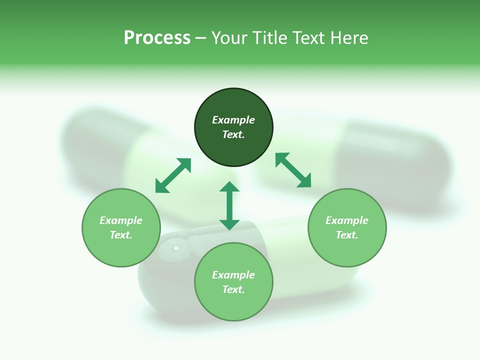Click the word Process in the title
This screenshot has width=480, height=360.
point(157,38)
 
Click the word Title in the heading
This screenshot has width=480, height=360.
point(270,38)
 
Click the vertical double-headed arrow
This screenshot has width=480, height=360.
point(229,206)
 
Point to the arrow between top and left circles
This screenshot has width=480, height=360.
point(173,175)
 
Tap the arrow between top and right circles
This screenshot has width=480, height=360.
point(293,170)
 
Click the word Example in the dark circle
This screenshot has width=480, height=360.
point(233,120)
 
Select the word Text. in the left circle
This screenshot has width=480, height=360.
point(121,235)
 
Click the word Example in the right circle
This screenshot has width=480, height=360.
point(347,220)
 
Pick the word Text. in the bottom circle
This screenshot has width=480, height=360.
point(233,289)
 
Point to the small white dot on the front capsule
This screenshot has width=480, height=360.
point(175,247)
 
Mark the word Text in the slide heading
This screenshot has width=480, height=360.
point(307,38)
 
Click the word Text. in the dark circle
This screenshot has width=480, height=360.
point(233,134)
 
